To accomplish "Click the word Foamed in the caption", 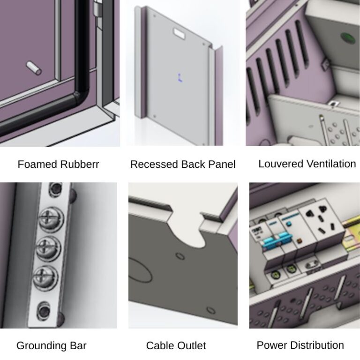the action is [x=37, y=165].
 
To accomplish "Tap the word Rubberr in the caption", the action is [x=79, y=165].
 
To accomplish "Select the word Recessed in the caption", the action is [x=154, y=165].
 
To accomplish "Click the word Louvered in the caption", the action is [x=281, y=164].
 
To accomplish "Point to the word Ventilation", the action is [x=331, y=164].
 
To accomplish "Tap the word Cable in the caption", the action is [x=158, y=345].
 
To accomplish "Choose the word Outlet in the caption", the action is [x=190, y=345].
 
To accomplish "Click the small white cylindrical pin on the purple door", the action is [x=34, y=68].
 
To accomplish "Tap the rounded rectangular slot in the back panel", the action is [x=180, y=33].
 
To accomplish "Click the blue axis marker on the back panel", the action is [x=180, y=78].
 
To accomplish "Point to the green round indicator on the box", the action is [x=347, y=38].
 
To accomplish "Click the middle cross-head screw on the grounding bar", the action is [x=49, y=248].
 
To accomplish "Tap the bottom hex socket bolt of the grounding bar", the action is [x=44, y=311].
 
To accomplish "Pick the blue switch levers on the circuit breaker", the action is [x=278, y=240].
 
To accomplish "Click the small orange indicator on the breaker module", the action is [x=299, y=241].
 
